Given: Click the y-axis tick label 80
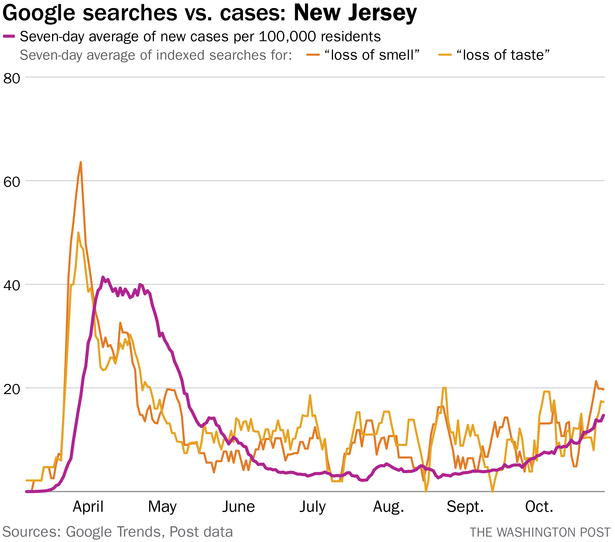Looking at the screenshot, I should coord(11,79).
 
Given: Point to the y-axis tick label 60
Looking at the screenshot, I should coord(11,182).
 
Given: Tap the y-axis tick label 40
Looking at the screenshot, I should coord(11,286).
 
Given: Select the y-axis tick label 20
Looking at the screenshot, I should coord(11,389).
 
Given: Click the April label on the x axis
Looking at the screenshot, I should coord(88,507).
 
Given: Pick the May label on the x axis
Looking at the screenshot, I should coord(162,507).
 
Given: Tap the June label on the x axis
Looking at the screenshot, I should coord(238,507).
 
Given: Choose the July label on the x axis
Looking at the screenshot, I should coord(312,507).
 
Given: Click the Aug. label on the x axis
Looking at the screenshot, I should coord(388,507).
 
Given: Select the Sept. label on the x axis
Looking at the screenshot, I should coord(465,507).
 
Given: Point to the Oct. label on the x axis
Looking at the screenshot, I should coord(539,507).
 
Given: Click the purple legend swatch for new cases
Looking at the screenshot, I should coord(9,36).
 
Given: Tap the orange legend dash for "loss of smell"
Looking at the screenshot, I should coord(313,55).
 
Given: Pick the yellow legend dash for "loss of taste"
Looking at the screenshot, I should coord(445,55).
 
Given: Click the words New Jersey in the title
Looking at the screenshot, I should coord(355,13).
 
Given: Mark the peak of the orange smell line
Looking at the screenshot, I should coord(81,162).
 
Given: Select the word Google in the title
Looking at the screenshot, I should coord(38,13).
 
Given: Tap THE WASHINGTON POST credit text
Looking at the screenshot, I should coord(540,532).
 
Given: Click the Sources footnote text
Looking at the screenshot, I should coord(117,532).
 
